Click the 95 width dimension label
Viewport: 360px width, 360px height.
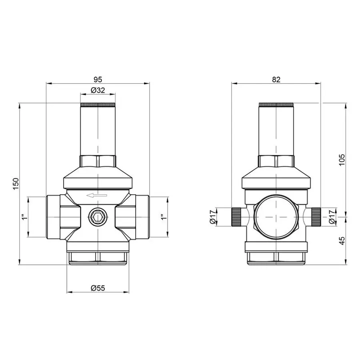[x=98, y=79]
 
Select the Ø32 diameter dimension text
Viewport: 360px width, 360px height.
[x=98, y=90]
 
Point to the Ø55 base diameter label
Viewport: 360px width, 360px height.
[x=98, y=288]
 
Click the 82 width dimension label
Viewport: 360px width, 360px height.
[x=276, y=79]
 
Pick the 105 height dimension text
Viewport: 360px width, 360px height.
[x=341, y=160]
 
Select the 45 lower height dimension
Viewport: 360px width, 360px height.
[x=341, y=240]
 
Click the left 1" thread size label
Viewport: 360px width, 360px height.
[x=25, y=217]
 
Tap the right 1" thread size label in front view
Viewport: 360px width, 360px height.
[x=162, y=217]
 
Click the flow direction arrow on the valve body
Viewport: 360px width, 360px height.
[x=97, y=196]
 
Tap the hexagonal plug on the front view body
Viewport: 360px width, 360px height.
[x=98, y=217]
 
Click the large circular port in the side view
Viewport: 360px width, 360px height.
[x=276, y=216]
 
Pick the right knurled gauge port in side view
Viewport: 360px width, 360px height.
[x=316, y=216]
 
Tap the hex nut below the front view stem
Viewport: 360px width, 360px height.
[x=98, y=161]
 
